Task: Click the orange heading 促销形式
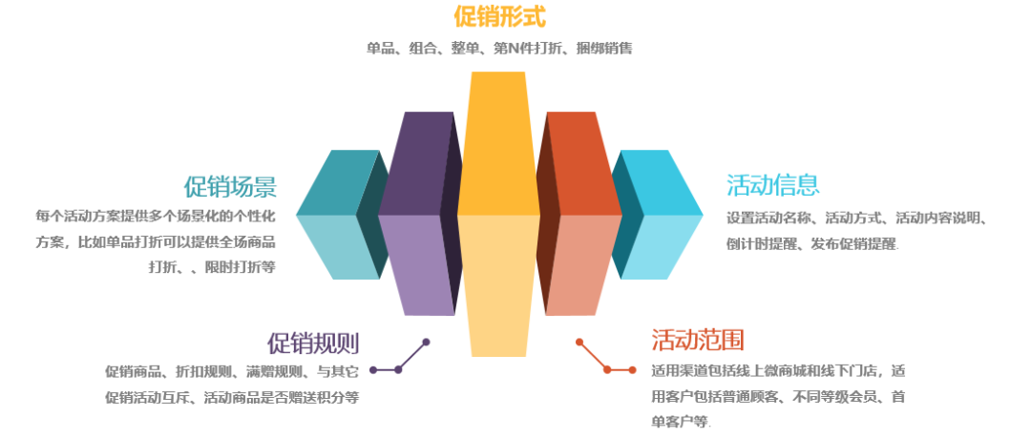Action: click(499, 17)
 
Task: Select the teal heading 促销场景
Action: click(230, 185)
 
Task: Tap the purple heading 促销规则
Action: click(313, 343)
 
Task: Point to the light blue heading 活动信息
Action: click(772, 184)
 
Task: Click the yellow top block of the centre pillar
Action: click(497, 143)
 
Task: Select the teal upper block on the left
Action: click(334, 183)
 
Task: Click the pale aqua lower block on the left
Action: click(334, 246)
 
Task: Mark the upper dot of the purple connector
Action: click(426, 342)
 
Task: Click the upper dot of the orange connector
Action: click(579, 341)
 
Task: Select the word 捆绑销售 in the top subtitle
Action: click(604, 48)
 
